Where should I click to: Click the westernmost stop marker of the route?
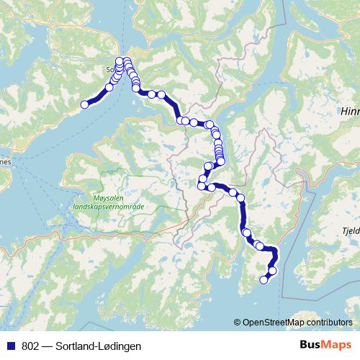tap(84, 104)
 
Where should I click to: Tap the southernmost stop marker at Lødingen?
tap(264, 280)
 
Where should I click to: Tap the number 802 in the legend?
tap(28, 346)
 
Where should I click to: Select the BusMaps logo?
tap(325, 346)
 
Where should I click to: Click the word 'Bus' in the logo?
tap(312, 346)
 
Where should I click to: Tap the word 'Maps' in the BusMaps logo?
tap(338, 346)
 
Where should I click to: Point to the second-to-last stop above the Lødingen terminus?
tap(271, 271)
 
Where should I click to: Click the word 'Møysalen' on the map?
tap(109, 195)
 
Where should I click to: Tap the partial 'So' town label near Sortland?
tap(109, 70)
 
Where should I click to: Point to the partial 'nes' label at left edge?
tap(4, 163)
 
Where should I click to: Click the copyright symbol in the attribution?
tap(238, 322)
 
